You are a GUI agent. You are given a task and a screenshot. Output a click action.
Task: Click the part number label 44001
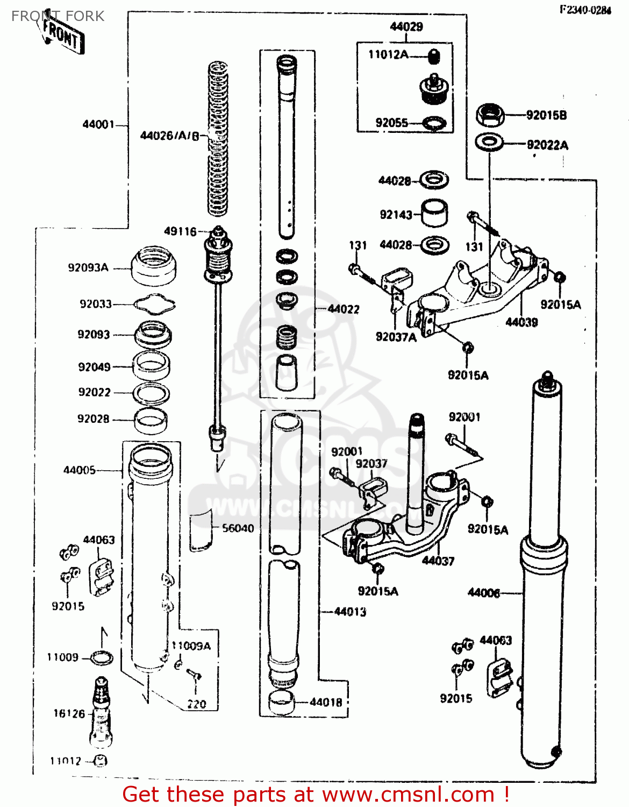(98, 124)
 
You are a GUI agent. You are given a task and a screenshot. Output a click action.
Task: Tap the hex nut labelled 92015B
(489, 115)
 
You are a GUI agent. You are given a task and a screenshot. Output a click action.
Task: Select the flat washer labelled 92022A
(489, 143)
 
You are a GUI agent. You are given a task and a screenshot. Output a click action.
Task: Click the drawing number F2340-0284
(585, 10)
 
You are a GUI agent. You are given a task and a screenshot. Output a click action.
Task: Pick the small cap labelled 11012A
(434, 55)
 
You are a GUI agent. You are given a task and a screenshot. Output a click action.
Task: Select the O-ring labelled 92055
(434, 124)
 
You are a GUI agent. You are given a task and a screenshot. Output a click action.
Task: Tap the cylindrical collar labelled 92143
(434, 214)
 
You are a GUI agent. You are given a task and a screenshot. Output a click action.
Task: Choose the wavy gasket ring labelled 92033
(154, 304)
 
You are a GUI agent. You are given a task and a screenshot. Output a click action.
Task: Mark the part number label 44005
(79, 470)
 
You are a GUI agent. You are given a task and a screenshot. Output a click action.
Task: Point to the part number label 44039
(521, 322)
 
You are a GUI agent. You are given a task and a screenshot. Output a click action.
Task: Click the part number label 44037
(438, 561)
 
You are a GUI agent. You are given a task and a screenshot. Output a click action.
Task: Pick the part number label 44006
(483, 592)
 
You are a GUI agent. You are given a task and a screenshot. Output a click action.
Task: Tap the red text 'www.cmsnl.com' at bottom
(408, 794)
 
